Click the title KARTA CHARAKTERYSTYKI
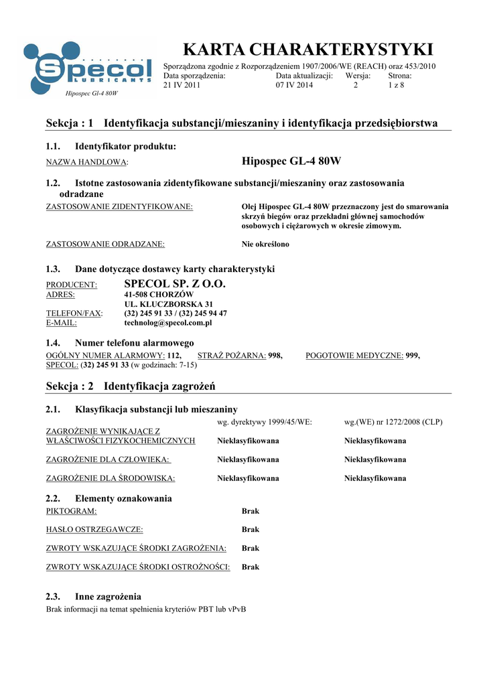tap(308, 49)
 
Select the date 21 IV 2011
tap(182, 86)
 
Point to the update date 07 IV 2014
tap(294, 86)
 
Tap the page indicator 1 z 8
tap(397, 86)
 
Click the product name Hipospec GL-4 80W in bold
tap(291, 161)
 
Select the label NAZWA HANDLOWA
tap(86, 163)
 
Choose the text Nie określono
tap(265, 245)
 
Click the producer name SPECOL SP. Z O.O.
tap(176, 285)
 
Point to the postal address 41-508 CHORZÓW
tap(159, 295)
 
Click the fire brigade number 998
tap(275, 356)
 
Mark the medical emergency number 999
tap(413, 356)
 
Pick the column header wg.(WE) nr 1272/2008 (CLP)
tap(393, 422)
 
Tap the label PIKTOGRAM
tap(71, 511)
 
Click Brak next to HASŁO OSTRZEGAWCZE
tap(251, 530)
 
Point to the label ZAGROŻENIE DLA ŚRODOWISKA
tap(111, 478)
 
